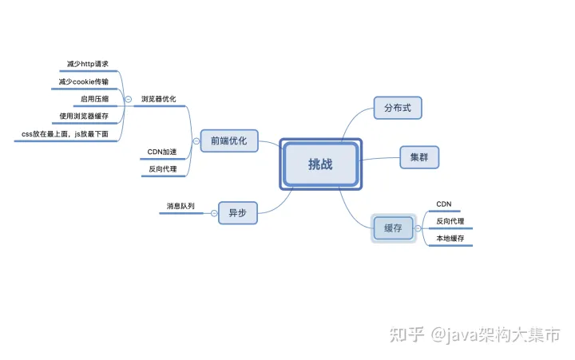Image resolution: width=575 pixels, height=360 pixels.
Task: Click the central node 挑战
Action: point(320,164)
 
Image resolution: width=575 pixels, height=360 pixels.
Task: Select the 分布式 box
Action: point(397,108)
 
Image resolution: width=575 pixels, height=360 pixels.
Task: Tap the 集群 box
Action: point(419,157)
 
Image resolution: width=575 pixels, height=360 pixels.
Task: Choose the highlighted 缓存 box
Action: point(393,228)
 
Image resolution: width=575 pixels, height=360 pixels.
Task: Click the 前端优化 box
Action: point(229,140)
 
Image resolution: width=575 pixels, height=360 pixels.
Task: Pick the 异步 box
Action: point(237,213)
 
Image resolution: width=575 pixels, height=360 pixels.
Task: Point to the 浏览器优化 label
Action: point(158,100)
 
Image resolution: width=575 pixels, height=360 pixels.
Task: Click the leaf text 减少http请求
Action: point(89,64)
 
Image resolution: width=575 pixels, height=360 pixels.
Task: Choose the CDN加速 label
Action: point(162,152)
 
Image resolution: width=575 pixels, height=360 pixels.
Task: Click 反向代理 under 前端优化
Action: point(162,169)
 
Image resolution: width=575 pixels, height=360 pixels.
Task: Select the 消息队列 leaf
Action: point(180,206)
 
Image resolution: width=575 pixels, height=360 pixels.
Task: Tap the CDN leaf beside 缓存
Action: point(444,204)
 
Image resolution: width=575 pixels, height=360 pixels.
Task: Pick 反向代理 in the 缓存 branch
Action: point(450,221)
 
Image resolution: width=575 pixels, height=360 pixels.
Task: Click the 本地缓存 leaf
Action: point(450,239)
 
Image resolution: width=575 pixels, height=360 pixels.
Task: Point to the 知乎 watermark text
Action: point(406,335)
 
